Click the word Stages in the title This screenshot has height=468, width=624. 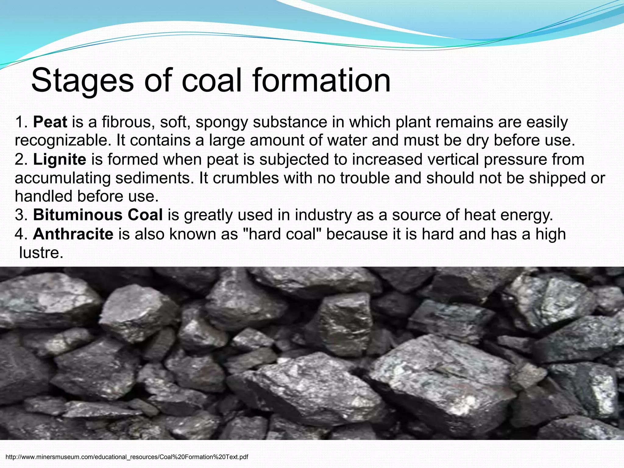[82, 81]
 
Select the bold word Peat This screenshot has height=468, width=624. [50, 122]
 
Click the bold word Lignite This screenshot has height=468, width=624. [59, 160]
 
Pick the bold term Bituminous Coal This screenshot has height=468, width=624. [98, 215]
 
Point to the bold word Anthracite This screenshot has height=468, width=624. [73, 234]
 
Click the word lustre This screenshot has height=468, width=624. [41, 253]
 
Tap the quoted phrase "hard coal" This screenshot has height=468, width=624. [283, 234]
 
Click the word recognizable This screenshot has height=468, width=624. [63, 141]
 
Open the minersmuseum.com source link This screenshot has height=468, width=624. [127, 457]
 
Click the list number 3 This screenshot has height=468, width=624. [21, 215]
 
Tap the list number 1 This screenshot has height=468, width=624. [21, 122]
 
